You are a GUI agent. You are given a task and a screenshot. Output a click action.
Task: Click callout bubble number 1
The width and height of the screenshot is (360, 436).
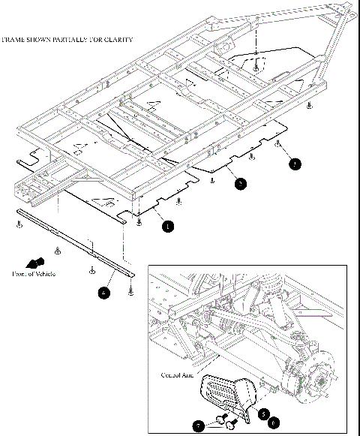tap(167, 224)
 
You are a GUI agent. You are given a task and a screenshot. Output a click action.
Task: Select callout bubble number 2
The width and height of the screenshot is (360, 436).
tap(239, 182)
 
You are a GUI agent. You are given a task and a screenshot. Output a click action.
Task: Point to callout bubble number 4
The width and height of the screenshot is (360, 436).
tap(103, 293)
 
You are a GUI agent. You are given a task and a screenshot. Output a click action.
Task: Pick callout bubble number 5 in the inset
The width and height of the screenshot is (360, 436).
tap(264, 412)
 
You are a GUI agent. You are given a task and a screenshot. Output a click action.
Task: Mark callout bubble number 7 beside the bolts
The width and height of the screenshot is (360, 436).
tap(199, 426)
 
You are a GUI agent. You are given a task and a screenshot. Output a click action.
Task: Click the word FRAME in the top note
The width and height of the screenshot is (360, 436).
tap(15, 38)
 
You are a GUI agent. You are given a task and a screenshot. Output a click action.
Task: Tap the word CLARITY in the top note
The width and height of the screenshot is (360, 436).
tap(119, 38)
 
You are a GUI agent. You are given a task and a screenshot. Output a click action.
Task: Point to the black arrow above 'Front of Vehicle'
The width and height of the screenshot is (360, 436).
tap(31, 263)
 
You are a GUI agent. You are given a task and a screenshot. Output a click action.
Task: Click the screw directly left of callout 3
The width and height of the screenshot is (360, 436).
tap(278, 143)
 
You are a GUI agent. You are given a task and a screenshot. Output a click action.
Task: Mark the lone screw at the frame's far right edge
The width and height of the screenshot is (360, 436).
tap(309, 108)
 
